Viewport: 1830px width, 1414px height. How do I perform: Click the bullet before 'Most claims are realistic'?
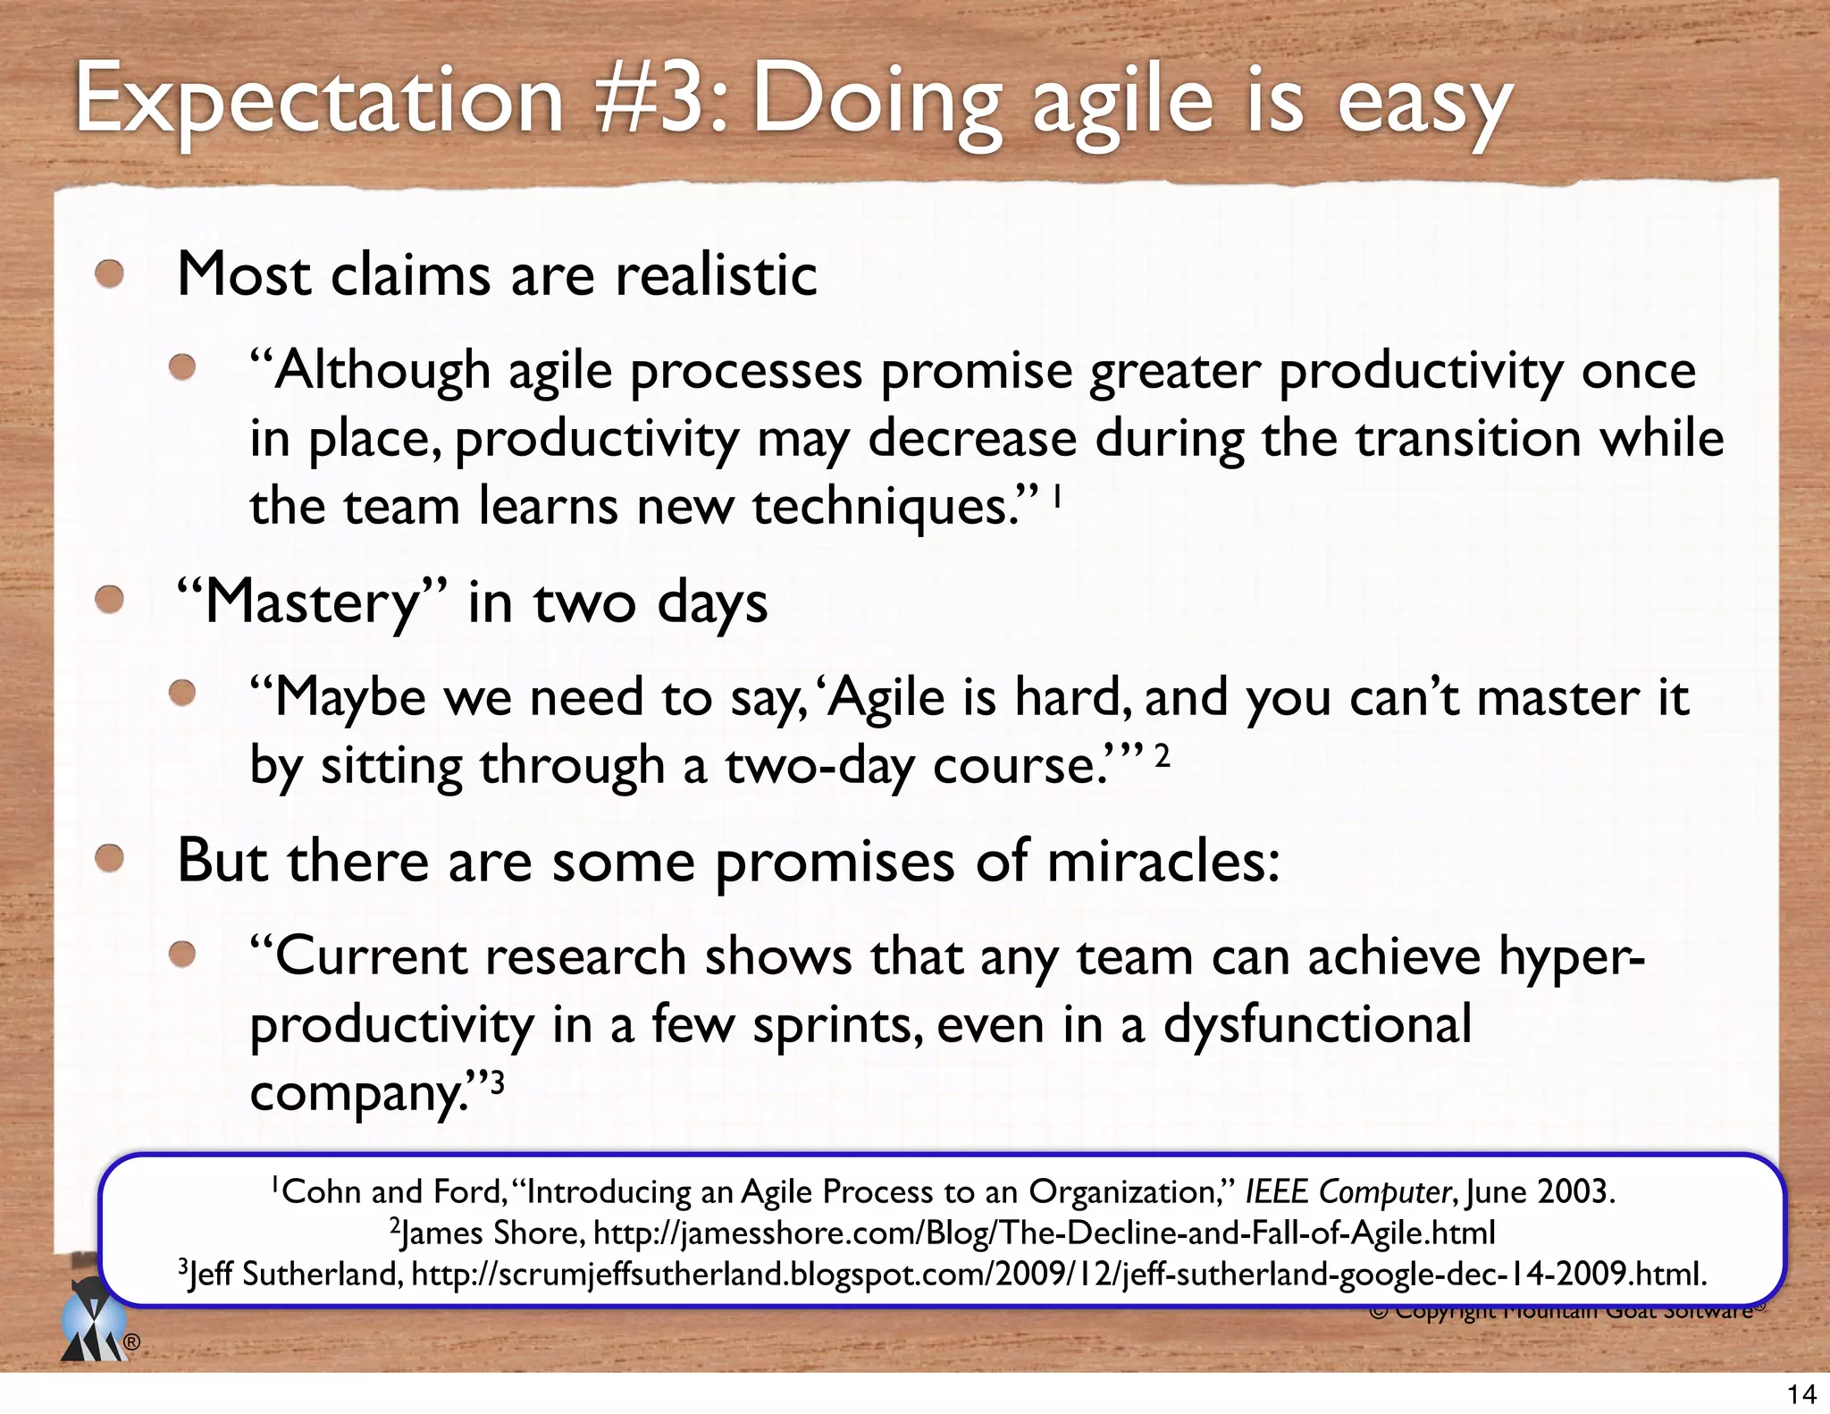pyautogui.click(x=110, y=274)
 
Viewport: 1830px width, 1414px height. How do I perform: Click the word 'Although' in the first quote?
pyautogui.click(x=382, y=371)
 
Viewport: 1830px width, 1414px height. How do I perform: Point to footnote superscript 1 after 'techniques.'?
pyautogui.click(x=1058, y=493)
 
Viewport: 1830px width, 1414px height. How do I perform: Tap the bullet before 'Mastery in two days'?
pyautogui.click(x=110, y=599)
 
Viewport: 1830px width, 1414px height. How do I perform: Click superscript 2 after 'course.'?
pyautogui.click(x=1162, y=756)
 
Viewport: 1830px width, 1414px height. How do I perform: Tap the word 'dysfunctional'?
pyautogui.click(x=1317, y=1024)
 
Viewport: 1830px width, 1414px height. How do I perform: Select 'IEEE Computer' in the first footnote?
pyautogui.click(x=1347, y=1191)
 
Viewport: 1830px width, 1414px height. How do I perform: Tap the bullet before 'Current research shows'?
pyautogui.click(x=183, y=955)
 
